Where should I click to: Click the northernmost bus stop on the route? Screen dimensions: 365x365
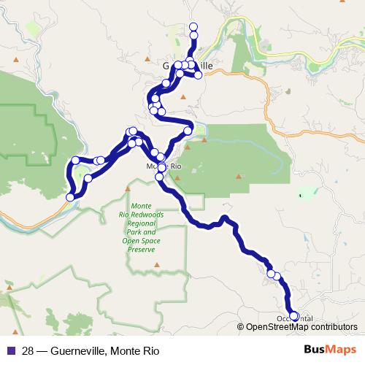pyautogui.click(x=193, y=27)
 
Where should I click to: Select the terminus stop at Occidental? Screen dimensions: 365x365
pyautogui.click(x=294, y=316)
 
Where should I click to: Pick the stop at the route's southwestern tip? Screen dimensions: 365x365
pyautogui.click(x=71, y=197)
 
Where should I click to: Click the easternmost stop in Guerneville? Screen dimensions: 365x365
pyautogui.click(x=198, y=75)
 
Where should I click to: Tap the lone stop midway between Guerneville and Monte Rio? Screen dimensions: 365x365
pyautogui.click(x=188, y=131)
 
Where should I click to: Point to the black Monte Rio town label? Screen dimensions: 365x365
pyautogui.click(x=163, y=166)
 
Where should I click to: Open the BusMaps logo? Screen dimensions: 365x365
pyautogui.click(x=330, y=350)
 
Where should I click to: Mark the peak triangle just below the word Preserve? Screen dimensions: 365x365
pyautogui.click(x=154, y=262)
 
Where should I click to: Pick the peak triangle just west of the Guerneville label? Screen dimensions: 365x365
pyautogui.click(x=148, y=58)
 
